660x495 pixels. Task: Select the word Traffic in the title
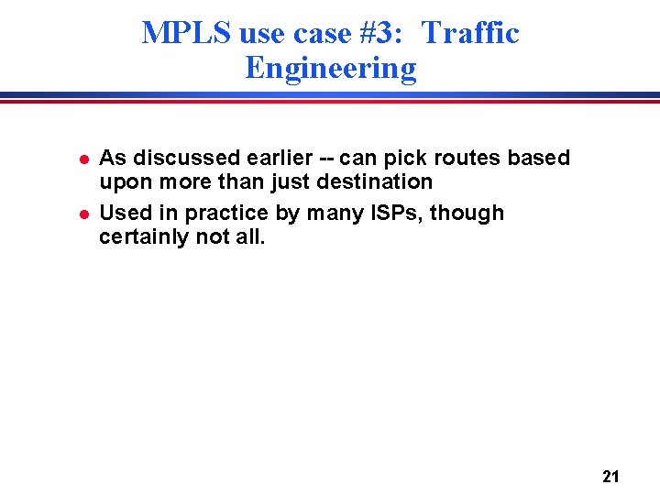pos(470,34)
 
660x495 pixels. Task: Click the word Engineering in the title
pos(330,68)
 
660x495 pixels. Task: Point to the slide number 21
pos(611,476)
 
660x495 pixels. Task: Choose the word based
pos(539,158)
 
